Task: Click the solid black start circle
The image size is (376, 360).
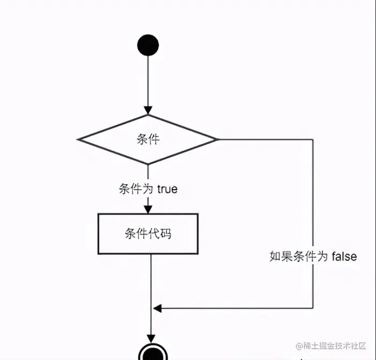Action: point(148,45)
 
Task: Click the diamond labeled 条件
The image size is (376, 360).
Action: point(148,139)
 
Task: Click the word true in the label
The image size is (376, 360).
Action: point(167,189)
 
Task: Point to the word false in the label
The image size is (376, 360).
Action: point(344,256)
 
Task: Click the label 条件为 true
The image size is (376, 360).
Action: point(148,189)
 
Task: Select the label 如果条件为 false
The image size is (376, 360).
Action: point(313,256)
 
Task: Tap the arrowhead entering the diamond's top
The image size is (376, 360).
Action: point(148,110)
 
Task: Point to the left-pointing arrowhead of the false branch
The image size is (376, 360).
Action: point(157,308)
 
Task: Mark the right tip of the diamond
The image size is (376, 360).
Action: point(218,139)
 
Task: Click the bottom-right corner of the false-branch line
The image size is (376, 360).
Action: point(313,308)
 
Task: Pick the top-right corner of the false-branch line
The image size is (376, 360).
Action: point(313,139)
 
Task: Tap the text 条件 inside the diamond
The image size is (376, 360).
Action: point(148,139)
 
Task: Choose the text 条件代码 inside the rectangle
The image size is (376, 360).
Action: point(148,234)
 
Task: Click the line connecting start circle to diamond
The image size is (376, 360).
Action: point(148,81)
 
